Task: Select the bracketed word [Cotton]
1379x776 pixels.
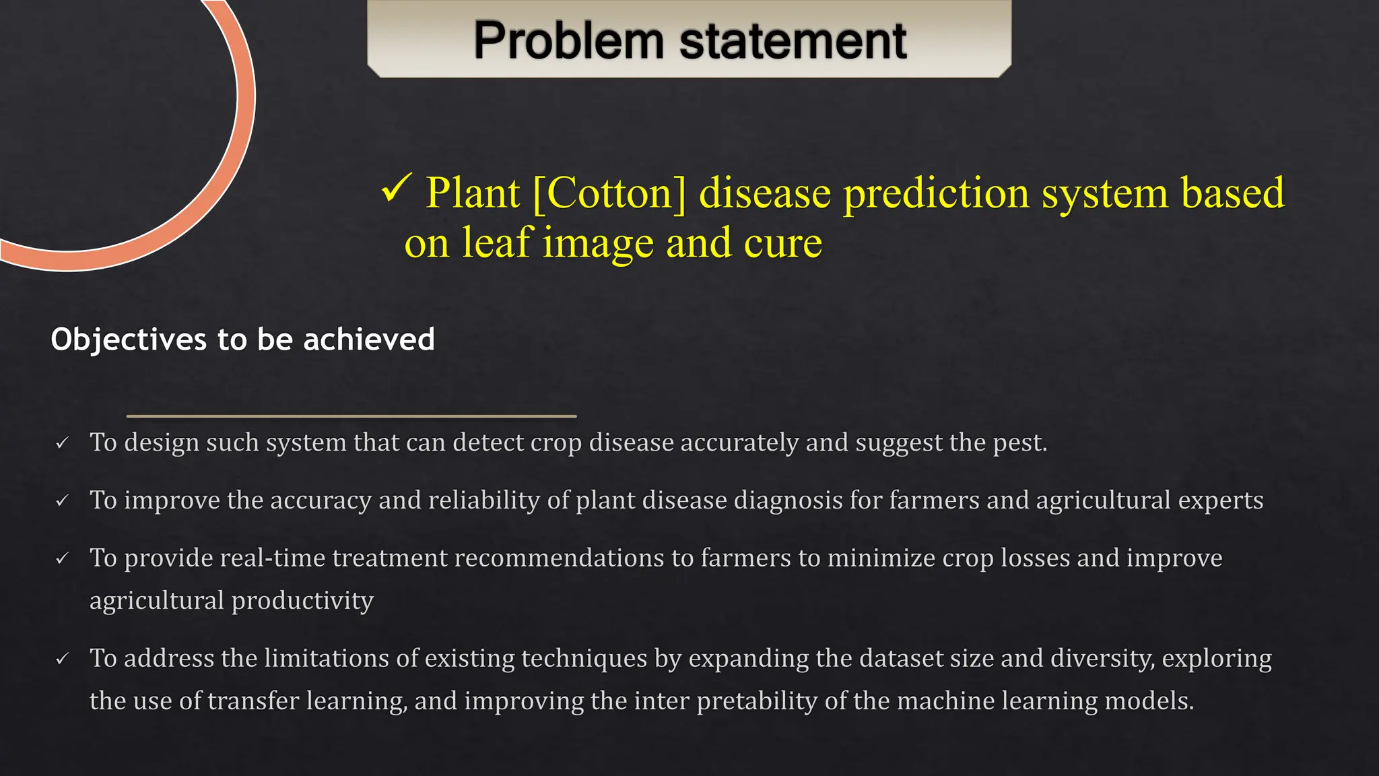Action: (609, 193)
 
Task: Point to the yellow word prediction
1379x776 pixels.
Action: (937, 193)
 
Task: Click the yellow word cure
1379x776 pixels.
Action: (783, 243)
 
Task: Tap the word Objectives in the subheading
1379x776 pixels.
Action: (129, 339)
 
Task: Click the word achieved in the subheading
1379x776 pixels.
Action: (369, 339)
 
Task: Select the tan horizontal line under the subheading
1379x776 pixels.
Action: (351, 416)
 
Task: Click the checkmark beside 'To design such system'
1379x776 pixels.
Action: (63, 443)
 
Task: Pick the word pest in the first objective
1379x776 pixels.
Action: (1019, 443)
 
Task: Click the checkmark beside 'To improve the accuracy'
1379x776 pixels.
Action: (63, 500)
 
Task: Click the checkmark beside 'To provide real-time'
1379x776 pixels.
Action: (63, 558)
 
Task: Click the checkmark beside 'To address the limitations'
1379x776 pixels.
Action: (63, 659)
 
